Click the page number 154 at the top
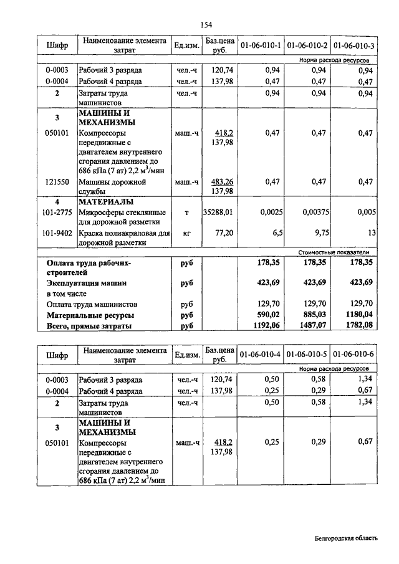pyautogui.click(x=206, y=25)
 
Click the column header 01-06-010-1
pyautogui.click(x=261, y=45)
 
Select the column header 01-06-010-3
pyautogui.click(x=353, y=45)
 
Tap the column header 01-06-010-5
pyautogui.click(x=307, y=355)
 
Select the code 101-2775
pyautogui.click(x=57, y=213)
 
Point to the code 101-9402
pyautogui.click(x=57, y=232)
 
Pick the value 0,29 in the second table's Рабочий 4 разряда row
pyautogui.click(x=320, y=390)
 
